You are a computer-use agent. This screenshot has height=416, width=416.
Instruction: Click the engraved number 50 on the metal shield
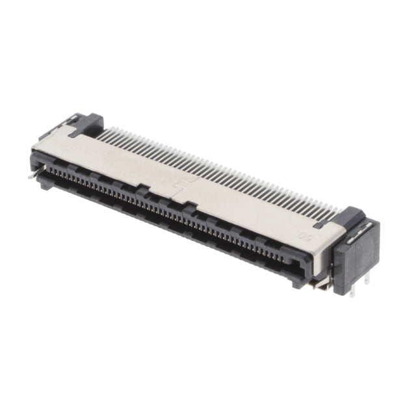304,236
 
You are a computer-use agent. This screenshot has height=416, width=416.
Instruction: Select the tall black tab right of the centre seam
189,208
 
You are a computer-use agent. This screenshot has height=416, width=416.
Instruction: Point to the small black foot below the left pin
45,183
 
